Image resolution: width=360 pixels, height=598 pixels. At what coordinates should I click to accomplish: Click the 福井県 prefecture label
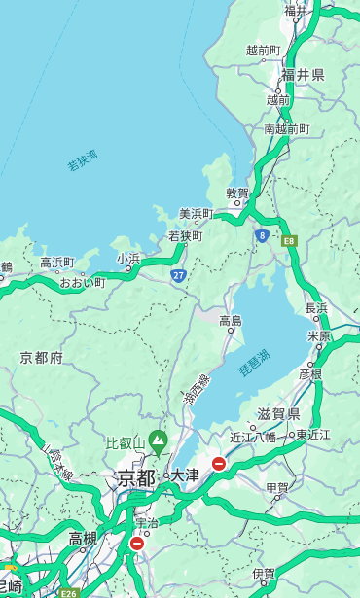tap(303, 74)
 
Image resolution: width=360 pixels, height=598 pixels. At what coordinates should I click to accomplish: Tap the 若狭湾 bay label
tap(82, 160)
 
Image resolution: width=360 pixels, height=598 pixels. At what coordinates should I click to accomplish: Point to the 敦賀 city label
tap(237, 193)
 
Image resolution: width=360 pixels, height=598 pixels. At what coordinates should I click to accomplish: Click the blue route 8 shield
tap(262, 235)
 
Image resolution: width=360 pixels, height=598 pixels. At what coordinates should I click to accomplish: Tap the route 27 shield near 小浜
tap(179, 275)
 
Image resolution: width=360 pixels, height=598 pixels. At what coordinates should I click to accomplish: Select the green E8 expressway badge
tap(289, 240)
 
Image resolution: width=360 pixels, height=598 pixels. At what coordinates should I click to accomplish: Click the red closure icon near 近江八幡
tap(219, 464)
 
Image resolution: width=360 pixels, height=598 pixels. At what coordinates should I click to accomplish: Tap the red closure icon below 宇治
tap(136, 544)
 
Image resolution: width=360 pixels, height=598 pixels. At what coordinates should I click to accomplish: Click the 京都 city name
tap(136, 477)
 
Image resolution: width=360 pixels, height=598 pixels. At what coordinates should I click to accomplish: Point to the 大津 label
tap(184, 475)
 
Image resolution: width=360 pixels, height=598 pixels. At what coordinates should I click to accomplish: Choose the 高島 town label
tap(231, 320)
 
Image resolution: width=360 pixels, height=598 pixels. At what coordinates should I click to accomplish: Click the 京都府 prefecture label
tap(42, 357)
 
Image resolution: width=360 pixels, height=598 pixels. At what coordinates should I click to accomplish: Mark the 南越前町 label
tap(286, 128)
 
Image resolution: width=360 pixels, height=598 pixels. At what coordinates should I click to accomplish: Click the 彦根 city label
tap(309, 373)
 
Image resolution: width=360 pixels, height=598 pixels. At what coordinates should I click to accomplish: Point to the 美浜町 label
tap(197, 213)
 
